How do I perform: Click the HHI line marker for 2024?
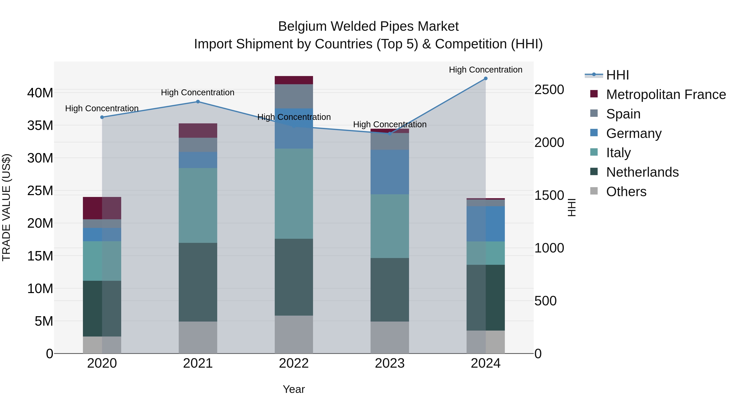[x=486, y=78]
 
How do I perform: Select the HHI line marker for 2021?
[x=198, y=102]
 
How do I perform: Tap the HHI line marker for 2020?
[x=102, y=117]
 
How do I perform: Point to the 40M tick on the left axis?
[x=40, y=93]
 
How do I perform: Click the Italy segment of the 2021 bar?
[x=198, y=205]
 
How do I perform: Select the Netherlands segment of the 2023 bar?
[x=390, y=290]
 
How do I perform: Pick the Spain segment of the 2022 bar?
[x=294, y=96]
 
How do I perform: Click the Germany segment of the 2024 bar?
[x=486, y=224]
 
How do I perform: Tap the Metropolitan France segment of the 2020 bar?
[x=102, y=208]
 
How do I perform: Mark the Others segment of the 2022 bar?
[x=294, y=334]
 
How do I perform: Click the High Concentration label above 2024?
[x=486, y=70]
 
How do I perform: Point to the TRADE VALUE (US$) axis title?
[x=7, y=207]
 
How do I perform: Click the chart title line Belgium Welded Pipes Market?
[x=368, y=26]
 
